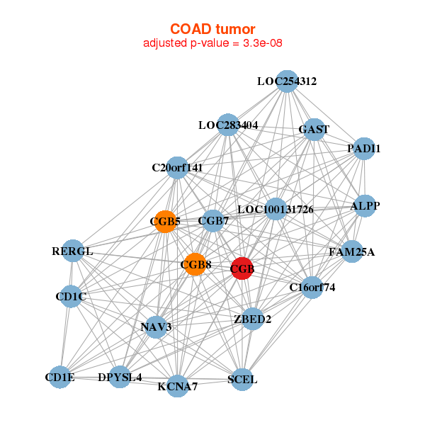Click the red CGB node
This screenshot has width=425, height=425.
tap(242, 268)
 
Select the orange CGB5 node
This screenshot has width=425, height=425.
tap(165, 222)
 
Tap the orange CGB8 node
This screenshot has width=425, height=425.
tap(195, 265)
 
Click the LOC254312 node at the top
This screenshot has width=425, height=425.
tap(286, 81)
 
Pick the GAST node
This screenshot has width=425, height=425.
tap(314, 130)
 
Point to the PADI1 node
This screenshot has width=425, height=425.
tap(363, 149)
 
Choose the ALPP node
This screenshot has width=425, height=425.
tap(364, 206)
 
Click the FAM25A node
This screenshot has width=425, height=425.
tap(352, 251)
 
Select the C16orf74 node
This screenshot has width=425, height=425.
tap(312, 287)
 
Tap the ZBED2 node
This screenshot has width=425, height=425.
tap(252, 319)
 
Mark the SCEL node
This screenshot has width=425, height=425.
tap(242, 380)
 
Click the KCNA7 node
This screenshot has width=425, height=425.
tap(178, 386)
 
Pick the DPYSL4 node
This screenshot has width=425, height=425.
tap(120, 377)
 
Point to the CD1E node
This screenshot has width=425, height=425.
tap(60, 378)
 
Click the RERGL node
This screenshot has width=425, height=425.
tap(72, 251)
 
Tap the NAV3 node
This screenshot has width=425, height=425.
tap(156, 327)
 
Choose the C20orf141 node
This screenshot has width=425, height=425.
tap(177, 168)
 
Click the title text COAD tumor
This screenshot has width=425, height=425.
tap(212, 28)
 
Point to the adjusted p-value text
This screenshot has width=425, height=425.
tap(212, 43)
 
